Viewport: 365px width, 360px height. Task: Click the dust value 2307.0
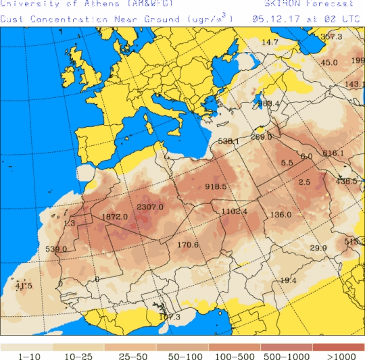(x=150, y=207)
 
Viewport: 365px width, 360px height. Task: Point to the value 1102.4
(x=234, y=211)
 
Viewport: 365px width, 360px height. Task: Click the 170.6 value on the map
(x=188, y=245)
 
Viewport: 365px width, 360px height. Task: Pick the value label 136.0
(x=281, y=215)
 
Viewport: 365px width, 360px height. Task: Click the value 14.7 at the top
(x=270, y=43)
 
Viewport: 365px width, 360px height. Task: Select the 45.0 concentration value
(x=329, y=63)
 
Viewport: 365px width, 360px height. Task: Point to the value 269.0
(x=261, y=137)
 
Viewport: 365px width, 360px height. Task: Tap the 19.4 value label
(x=288, y=280)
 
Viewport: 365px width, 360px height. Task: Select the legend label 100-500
(x=235, y=355)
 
